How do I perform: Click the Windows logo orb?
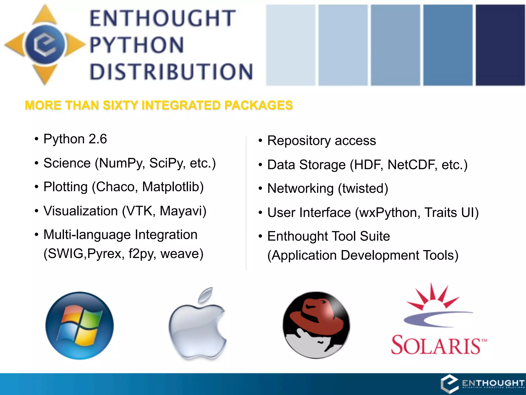pyautogui.click(x=79, y=326)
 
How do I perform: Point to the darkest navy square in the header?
pyautogui.click(x=500, y=45)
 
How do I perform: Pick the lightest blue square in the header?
pyautogui.click(x=290, y=45)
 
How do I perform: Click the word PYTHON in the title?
pyautogui.click(x=137, y=45)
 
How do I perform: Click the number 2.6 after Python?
pyautogui.click(x=98, y=139)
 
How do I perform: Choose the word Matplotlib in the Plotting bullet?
pyautogui.click(x=173, y=187)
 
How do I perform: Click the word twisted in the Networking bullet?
pyautogui.click(x=363, y=188)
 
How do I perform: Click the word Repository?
pyautogui.click(x=299, y=141)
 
